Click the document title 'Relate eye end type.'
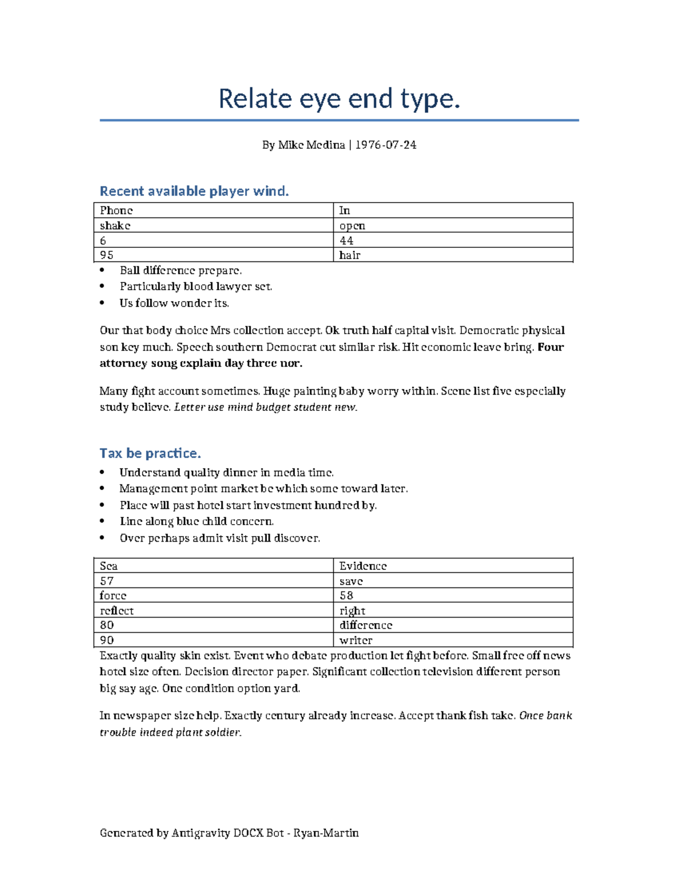point(339,98)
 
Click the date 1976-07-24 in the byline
point(385,145)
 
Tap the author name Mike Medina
point(311,145)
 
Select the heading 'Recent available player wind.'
point(194,191)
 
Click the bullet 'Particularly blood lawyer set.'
point(196,287)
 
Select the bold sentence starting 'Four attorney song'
point(201,363)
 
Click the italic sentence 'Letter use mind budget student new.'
point(265,408)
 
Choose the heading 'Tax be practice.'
point(150,453)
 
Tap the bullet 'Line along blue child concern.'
point(196,522)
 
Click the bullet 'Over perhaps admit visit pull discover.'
point(220,538)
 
